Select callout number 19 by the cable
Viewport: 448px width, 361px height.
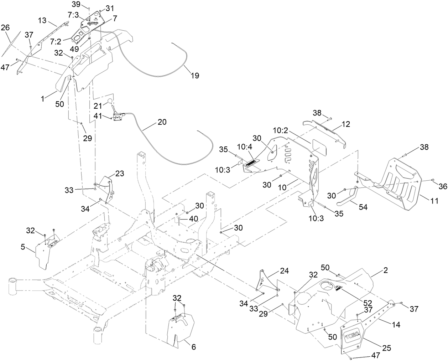[194, 75]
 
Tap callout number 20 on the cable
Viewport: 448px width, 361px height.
[162, 122]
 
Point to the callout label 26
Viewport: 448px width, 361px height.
[5, 27]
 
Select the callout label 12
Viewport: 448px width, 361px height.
[345, 124]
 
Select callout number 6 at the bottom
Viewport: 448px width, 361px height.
[193, 346]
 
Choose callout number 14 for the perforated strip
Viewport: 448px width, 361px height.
[396, 325]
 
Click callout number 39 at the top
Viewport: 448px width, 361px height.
[76, 4]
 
